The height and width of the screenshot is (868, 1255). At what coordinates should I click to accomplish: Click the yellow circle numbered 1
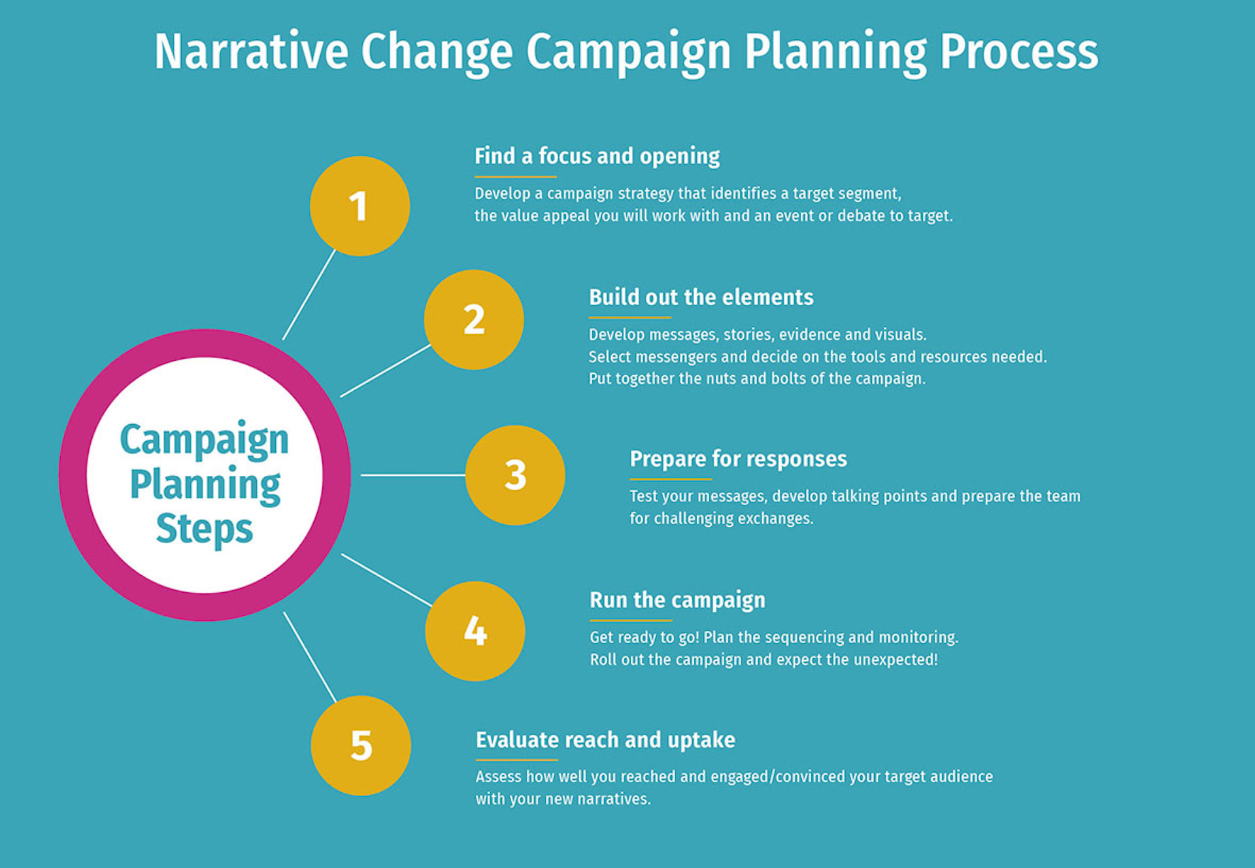360,206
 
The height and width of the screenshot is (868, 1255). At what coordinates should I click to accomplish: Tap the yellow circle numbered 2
474,320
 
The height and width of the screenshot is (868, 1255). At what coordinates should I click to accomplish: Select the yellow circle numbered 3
515,475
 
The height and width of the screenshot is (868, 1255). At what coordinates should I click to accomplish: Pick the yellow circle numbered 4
475,631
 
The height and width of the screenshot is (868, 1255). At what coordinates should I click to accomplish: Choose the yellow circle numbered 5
361,746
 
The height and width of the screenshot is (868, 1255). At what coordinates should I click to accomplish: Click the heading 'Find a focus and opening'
597,157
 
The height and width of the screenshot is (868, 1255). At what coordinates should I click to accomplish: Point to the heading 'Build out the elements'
701,297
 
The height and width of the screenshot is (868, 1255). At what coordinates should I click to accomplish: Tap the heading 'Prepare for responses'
738,459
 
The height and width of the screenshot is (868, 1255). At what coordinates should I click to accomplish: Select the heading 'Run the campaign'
677,601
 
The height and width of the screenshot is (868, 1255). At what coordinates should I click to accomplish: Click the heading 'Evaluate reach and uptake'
605,741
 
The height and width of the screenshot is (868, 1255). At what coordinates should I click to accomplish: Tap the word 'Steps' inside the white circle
205,529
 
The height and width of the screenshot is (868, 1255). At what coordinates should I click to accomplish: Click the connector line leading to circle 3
413,475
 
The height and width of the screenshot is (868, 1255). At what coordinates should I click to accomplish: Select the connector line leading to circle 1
309,294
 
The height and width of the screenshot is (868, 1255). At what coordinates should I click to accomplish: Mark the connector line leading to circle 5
310,657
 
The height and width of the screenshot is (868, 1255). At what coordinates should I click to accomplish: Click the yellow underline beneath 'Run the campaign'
631,620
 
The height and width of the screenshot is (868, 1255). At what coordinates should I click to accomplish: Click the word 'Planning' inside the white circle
205,485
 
